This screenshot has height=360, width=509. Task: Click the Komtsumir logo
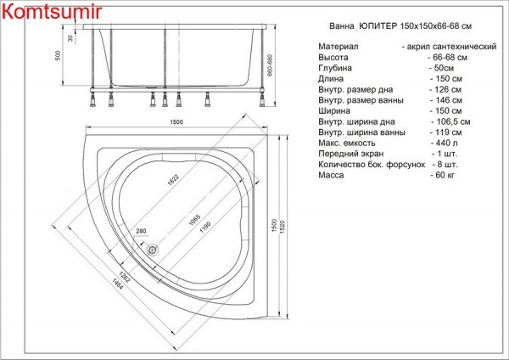click(x=53, y=12)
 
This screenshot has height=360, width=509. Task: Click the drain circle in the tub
click(x=154, y=250)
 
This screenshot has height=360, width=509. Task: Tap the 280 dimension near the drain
click(x=142, y=232)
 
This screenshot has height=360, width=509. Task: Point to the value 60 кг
click(x=443, y=177)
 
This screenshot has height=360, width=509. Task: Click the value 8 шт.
click(x=442, y=166)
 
